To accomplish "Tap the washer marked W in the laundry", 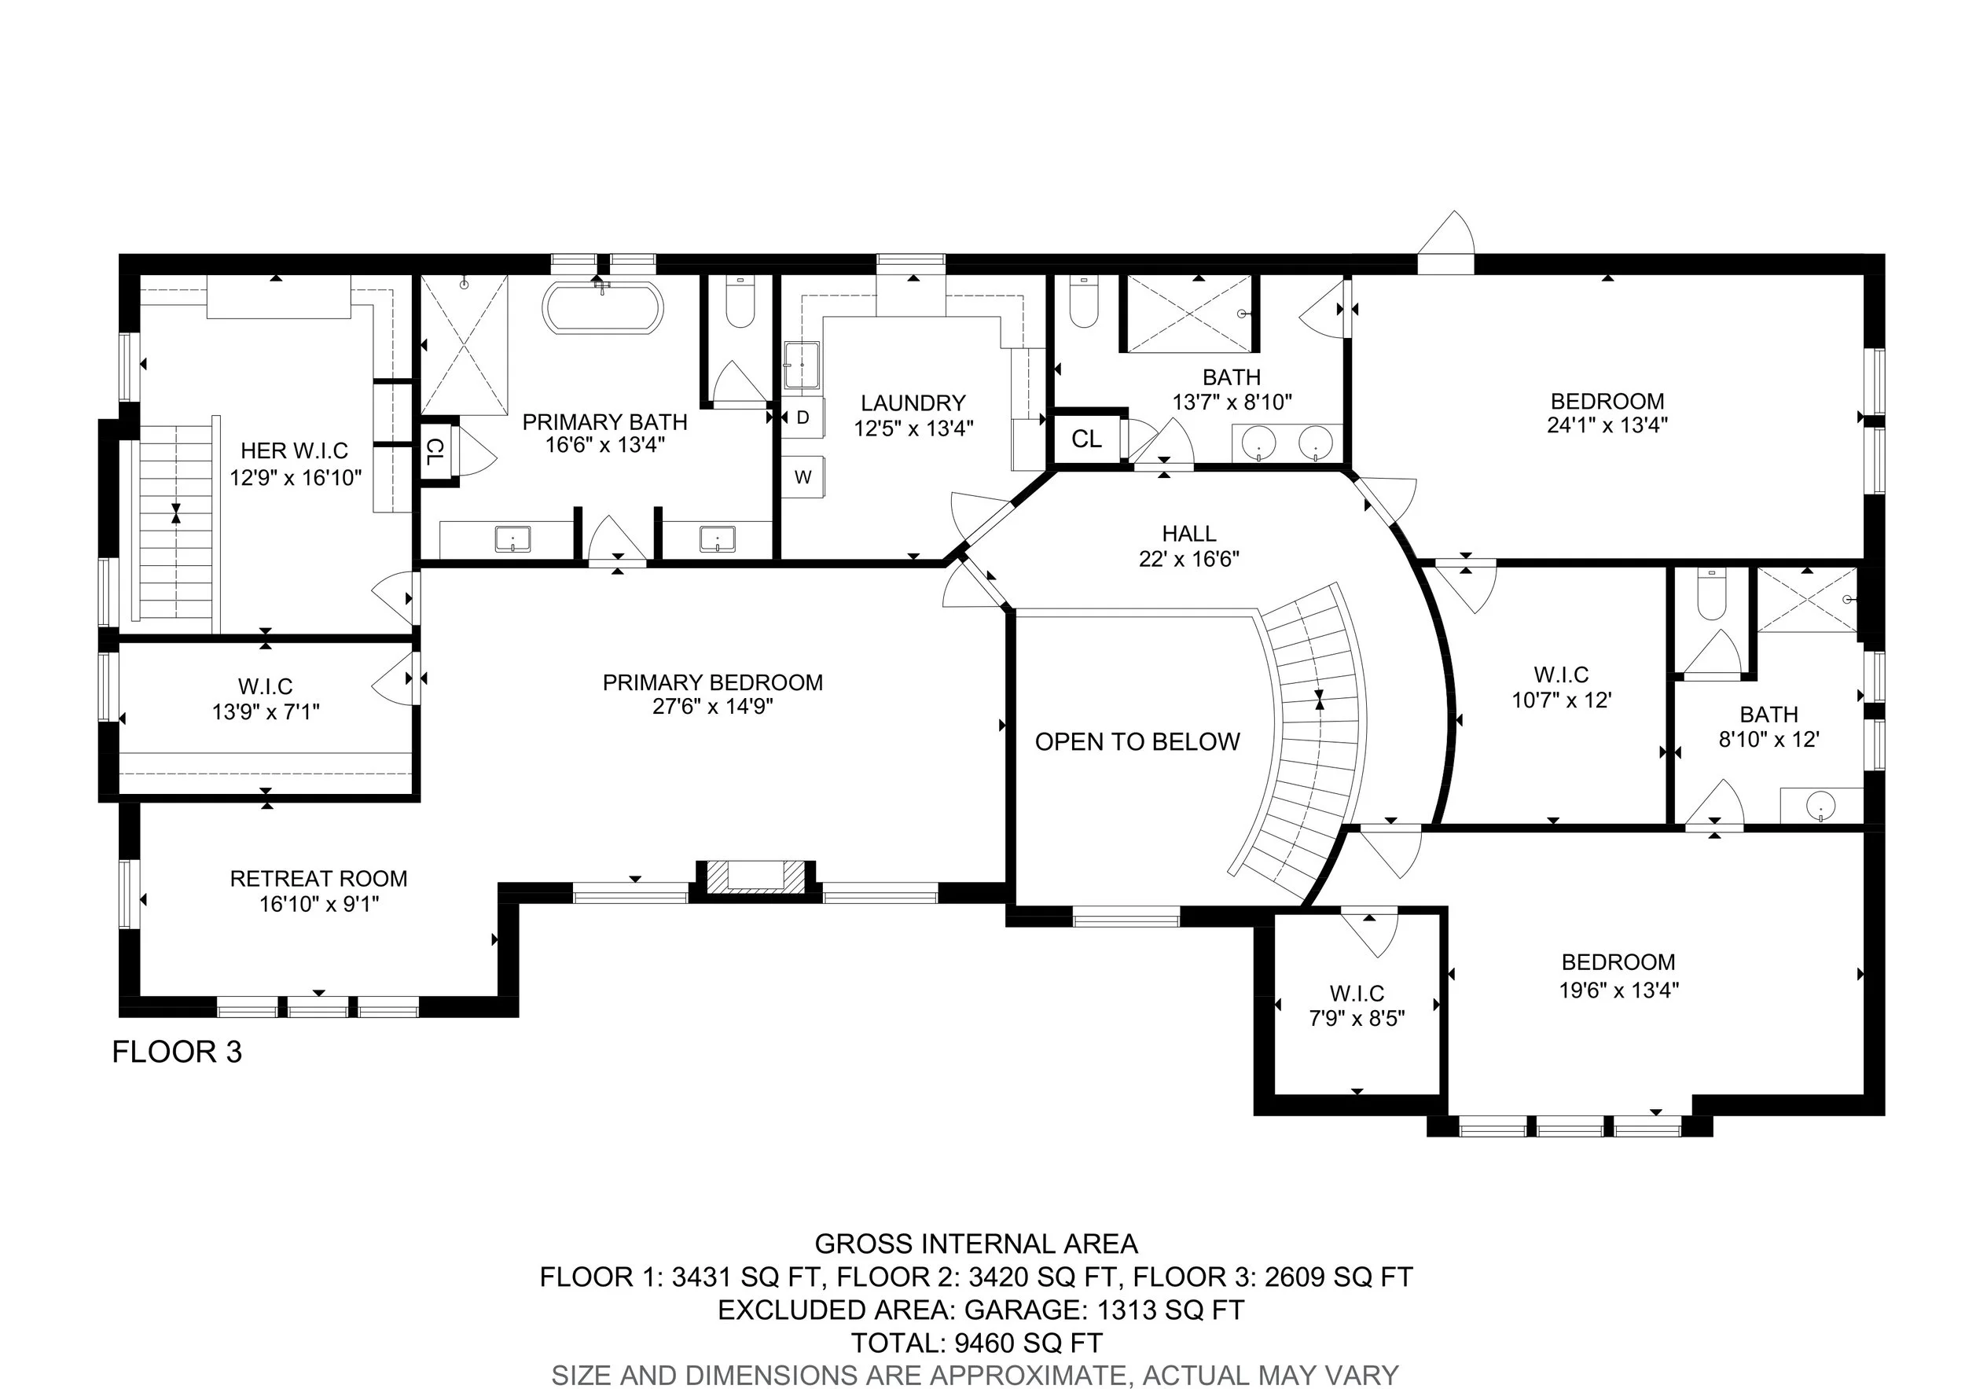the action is tap(803, 476).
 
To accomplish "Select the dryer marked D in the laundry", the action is tap(803, 417).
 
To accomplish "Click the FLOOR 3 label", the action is tap(177, 1052).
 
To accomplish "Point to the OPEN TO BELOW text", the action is tap(1137, 742).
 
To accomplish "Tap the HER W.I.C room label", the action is tap(295, 451).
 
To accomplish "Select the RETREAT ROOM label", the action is tap(318, 879).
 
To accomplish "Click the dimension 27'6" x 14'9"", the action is tap(713, 707).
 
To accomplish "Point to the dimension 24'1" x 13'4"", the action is tap(1607, 425).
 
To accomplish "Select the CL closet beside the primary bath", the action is tap(435, 452).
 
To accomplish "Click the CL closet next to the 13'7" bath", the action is tap(1087, 439).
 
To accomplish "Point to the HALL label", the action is tap(1190, 534).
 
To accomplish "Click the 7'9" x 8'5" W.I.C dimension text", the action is tap(1357, 1019).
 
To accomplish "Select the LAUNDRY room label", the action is tap(913, 403).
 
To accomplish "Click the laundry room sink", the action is tap(802, 366).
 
